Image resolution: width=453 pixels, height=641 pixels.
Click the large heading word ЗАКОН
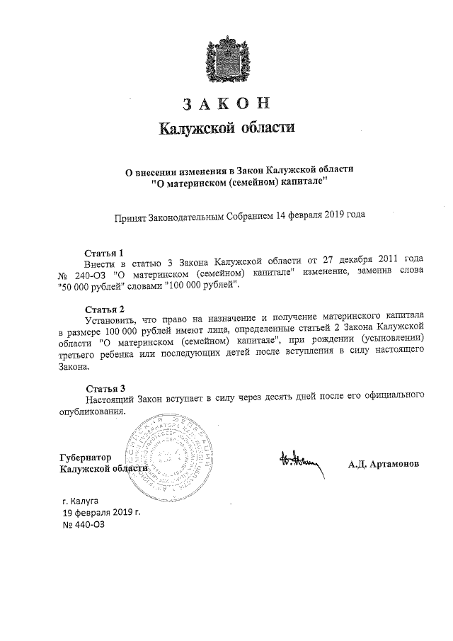click(226, 103)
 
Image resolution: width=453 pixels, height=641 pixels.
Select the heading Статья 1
click(104, 252)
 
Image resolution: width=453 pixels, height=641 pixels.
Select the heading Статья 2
click(104, 310)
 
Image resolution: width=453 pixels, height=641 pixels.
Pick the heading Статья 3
click(105, 388)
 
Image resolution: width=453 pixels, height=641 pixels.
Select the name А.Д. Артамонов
click(383, 465)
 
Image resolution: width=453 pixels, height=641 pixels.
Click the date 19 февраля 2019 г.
click(102, 512)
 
